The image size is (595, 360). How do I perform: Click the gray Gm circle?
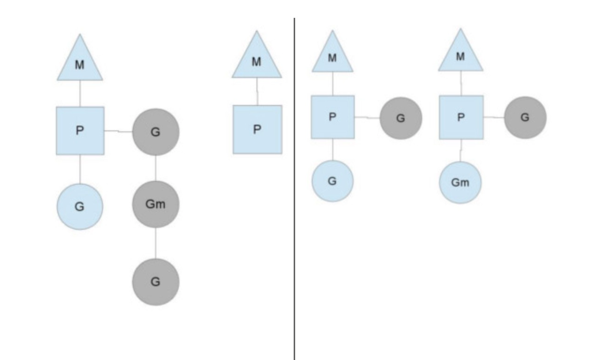(156, 204)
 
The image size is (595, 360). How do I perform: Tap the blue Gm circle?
(460, 183)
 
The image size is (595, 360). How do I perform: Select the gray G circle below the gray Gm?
(156, 282)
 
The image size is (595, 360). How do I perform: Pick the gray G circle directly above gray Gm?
(156, 132)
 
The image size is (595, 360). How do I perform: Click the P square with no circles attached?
(257, 129)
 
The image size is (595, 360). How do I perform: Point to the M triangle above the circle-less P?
(257, 59)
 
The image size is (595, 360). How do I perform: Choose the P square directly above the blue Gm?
(461, 117)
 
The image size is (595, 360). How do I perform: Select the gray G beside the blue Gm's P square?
(525, 117)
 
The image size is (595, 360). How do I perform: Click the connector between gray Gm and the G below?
(156, 243)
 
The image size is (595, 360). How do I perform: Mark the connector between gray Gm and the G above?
(156, 168)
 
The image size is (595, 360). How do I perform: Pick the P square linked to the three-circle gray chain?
(80, 131)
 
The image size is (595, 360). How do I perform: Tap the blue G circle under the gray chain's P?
(80, 207)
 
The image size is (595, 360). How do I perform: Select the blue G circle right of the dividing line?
(332, 181)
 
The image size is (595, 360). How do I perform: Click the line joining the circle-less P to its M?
(257, 91)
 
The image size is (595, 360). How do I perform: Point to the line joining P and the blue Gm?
(460, 150)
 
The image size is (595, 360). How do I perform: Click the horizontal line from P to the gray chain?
(118, 131)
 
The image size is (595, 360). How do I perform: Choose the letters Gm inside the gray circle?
(155, 204)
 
